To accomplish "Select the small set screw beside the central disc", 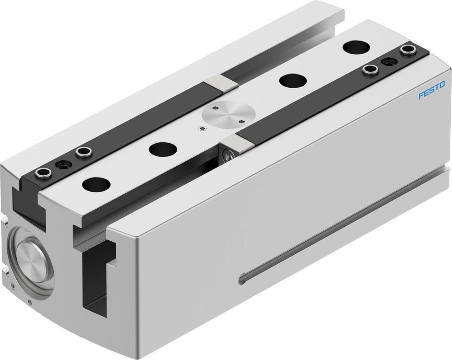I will pyautogui.click(x=202, y=129).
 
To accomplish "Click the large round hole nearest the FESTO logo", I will pyautogui.click(x=356, y=47).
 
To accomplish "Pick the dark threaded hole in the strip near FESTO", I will pyautogui.click(x=389, y=61).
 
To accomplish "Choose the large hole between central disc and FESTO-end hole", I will pyautogui.click(x=293, y=80).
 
